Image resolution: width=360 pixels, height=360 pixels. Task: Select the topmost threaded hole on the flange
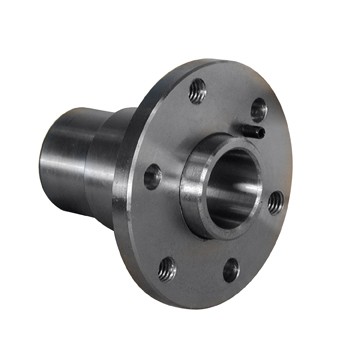tap(198, 90)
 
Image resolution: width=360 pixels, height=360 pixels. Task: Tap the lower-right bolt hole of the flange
tap(231, 268)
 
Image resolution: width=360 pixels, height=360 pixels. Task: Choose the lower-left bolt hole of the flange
tap(167, 268)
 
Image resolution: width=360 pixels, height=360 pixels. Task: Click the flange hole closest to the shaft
tap(153, 177)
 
